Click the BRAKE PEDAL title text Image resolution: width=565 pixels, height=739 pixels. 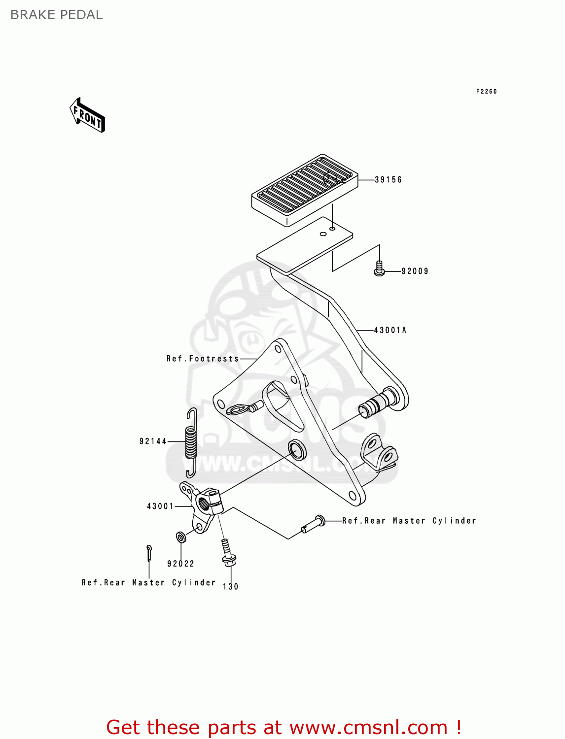tap(57, 15)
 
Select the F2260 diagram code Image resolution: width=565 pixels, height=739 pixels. tap(486, 91)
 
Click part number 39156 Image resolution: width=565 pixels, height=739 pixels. tap(388, 180)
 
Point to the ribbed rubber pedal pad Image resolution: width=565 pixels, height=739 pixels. tap(305, 190)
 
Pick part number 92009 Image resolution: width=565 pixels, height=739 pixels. tap(415, 271)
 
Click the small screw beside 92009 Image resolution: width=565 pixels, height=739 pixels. tap(379, 268)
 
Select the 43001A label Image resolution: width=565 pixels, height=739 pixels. tap(390, 330)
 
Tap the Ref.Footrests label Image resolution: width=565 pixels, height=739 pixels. tap(203, 359)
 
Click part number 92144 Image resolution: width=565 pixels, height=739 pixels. tap(153, 441)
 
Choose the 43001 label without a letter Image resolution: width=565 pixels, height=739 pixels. tap(160, 506)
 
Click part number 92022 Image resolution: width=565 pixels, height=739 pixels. tap(180, 564)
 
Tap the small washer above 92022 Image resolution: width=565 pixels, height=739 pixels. tap(181, 537)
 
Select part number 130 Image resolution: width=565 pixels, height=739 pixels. tap(230, 586)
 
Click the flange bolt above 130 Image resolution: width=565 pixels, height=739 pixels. tap(228, 554)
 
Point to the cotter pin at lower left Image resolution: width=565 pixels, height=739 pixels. tap(149, 552)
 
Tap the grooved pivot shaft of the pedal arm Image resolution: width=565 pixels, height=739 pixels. tap(378, 403)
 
